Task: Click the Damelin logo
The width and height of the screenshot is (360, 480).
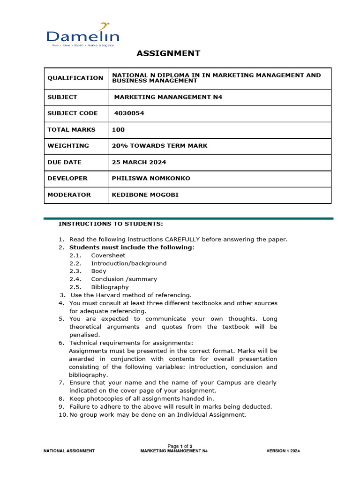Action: (83, 35)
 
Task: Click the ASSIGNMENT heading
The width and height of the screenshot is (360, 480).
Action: (168, 53)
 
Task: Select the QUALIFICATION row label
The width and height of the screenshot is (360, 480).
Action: (75, 78)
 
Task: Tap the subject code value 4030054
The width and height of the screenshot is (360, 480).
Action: (128, 113)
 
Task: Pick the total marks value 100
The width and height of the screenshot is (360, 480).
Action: (119, 129)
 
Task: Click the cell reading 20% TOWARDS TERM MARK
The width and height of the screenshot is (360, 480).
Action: (159, 146)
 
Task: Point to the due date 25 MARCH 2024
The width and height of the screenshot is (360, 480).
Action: (139, 162)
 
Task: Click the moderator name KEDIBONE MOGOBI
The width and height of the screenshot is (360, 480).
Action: (145, 195)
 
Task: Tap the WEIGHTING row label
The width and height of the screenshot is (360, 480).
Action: (68, 146)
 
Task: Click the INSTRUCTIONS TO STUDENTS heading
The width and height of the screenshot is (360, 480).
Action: (111, 224)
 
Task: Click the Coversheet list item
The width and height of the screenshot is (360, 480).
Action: (108, 255)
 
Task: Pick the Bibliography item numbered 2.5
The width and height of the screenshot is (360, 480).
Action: (110, 287)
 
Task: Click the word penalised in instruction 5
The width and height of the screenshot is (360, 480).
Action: (84, 335)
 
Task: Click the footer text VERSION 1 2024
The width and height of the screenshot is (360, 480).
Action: (283, 451)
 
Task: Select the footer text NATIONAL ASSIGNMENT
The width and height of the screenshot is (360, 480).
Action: (69, 451)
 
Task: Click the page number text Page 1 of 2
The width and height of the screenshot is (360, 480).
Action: (180, 446)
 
